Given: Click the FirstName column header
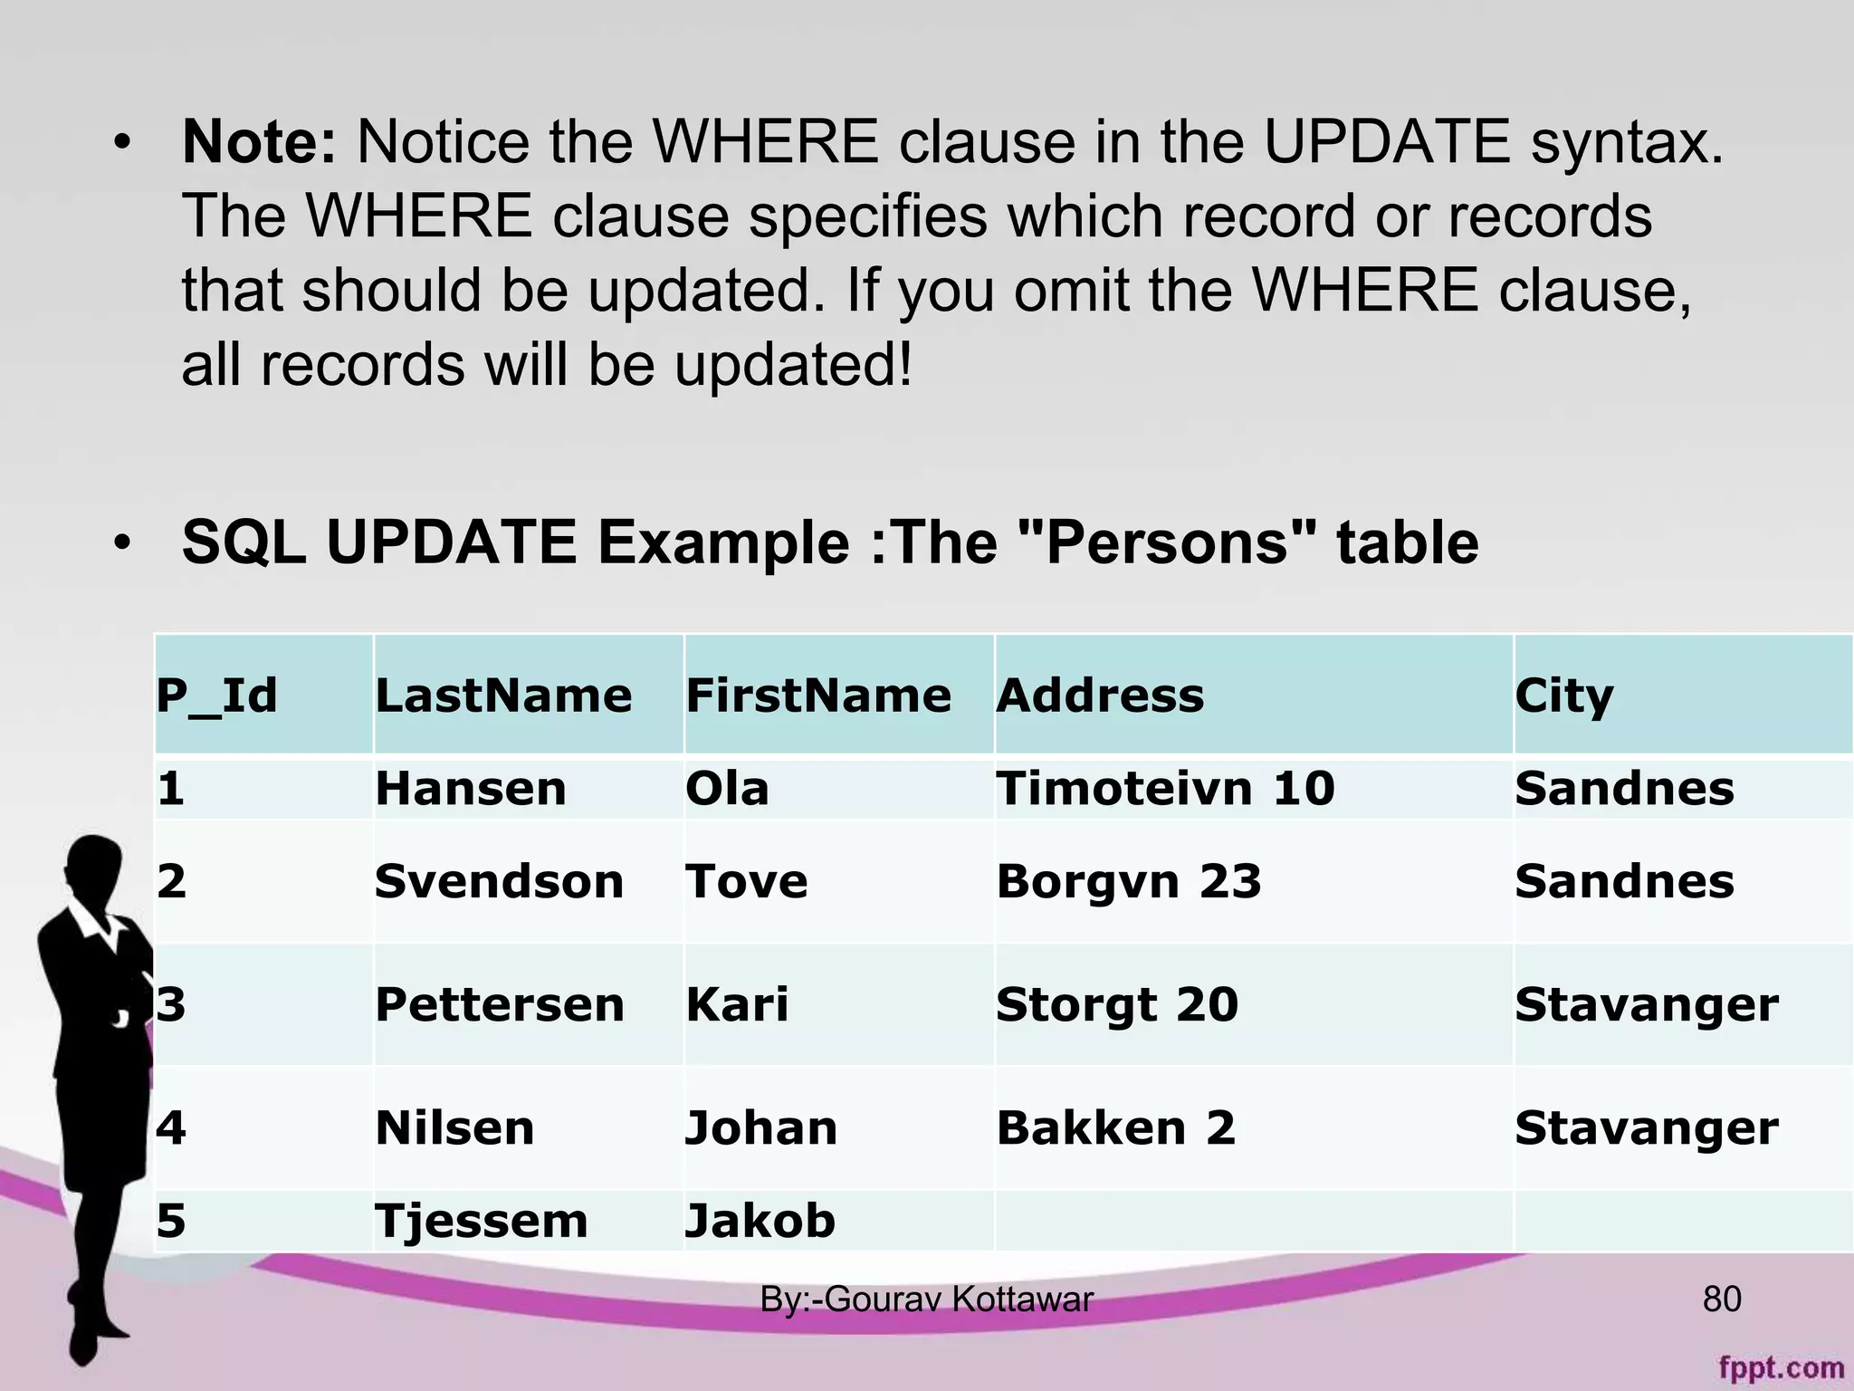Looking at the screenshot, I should pyautogui.click(x=818, y=695).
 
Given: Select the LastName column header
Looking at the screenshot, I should pyautogui.click(x=503, y=695).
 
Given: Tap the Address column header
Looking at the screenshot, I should pyautogui.click(x=1100, y=695).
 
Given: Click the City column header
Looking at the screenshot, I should pyautogui.click(x=1563, y=695).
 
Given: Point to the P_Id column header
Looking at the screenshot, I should pyautogui.click(x=216, y=695).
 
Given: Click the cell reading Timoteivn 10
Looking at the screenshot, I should pyautogui.click(x=1165, y=788).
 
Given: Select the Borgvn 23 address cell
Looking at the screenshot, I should pyautogui.click(x=1128, y=881).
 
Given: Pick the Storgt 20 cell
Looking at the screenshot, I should pyautogui.click(x=1116, y=1004).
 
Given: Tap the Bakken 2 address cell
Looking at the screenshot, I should pyautogui.click(x=1115, y=1127).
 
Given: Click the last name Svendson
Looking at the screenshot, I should pyautogui.click(x=499, y=881).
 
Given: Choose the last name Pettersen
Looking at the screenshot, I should pyautogui.click(x=500, y=1004).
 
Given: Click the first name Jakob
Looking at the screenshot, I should pyautogui.click(x=760, y=1220).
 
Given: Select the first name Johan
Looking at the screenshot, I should pyautogui.click(x=761, y=1127).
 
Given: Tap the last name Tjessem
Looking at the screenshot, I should pyautogui.click(x=481, y=1220).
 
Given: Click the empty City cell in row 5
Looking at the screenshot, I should pyautogui.click(x=1682, y=1220).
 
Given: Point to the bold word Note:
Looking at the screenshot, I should pyautogui.click(x=259, y=142).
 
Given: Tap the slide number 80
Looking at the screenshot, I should pyautogui.click(x=1722, y=1300).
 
